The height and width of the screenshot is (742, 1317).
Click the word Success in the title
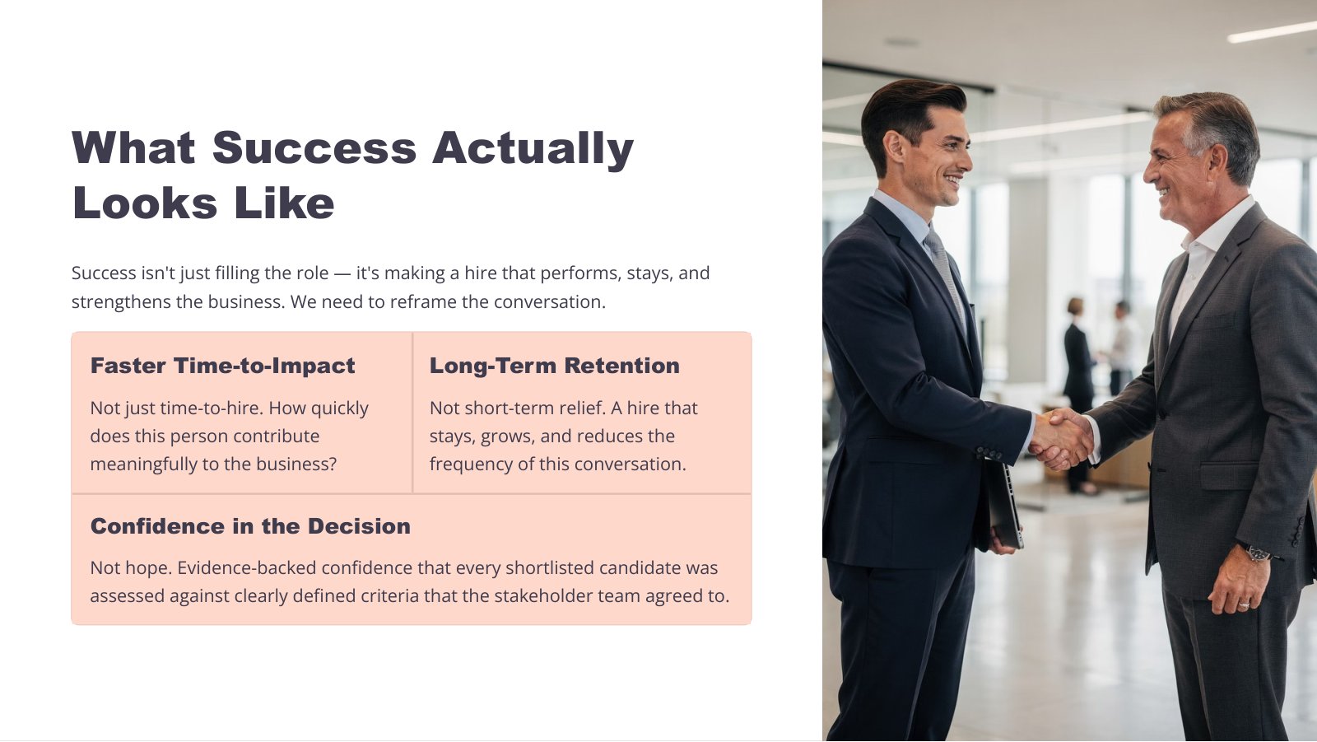click(x=314, y=147)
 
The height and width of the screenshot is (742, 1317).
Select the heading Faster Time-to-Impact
click(x=222, y=366)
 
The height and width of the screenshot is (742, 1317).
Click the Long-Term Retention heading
click(x=555, y=366)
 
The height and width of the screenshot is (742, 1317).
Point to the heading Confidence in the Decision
click(x=250, y=526)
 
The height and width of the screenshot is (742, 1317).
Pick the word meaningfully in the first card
click(x=143, y=464)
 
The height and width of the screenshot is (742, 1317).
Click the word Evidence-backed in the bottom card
click(x=247, y=568)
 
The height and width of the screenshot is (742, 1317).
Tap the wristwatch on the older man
click(x=1256, y=553)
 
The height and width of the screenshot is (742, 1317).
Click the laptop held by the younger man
click(x=1004, y=505)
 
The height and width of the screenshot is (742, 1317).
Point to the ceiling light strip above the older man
click(x=1272, y=31)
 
